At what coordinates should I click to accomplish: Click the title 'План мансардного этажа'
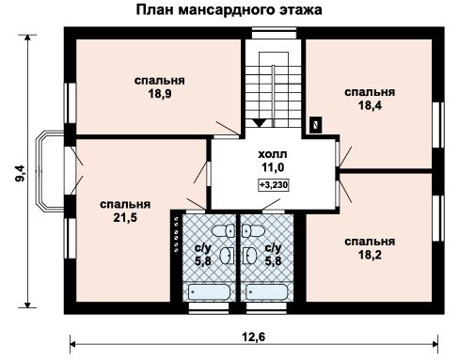coord(229,9)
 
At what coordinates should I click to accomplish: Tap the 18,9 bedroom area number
coord(160,94)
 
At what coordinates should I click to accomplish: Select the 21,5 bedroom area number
coord(125,217)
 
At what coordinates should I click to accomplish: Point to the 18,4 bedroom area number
coord(370,105)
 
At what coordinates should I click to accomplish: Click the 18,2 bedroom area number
coord(370,255)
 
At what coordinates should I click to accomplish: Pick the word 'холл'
coord(273,154)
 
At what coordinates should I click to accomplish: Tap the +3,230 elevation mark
coord(273,185)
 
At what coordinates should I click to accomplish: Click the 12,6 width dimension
coord(254,337)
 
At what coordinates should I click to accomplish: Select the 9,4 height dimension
coord(21,174)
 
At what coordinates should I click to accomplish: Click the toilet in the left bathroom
coord(224,231)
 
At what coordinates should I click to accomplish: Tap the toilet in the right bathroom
coord(253,231)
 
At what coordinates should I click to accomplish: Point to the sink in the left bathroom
coord(227,256)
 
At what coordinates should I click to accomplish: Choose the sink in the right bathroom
coord(249,256)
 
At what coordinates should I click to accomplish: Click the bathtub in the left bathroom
coord(209,292)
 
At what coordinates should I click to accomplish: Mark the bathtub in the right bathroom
coord(266,292)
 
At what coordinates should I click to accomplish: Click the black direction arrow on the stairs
coord(259,123)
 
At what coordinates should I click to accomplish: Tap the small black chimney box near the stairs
coord(316,124)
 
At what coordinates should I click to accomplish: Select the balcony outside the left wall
coord(50,170)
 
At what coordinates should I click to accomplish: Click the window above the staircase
coord(274,33)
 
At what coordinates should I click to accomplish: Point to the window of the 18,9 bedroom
coord(70,103)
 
